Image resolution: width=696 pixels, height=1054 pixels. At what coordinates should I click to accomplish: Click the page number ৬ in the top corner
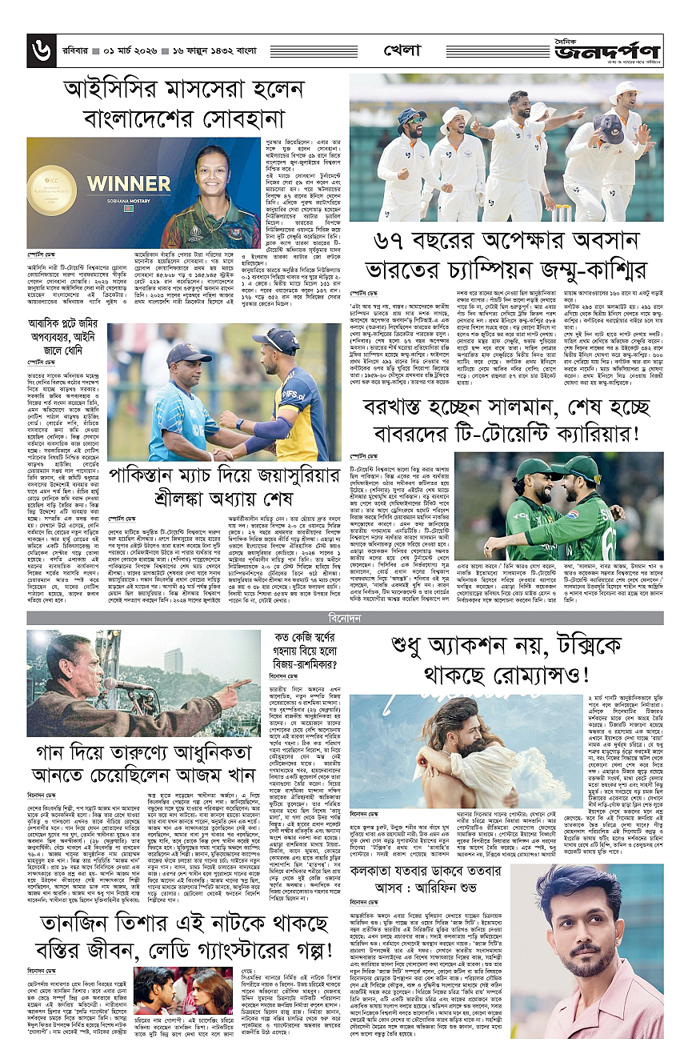[x=40, y=51]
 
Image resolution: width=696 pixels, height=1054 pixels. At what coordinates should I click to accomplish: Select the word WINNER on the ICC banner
[x=129, y=183]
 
